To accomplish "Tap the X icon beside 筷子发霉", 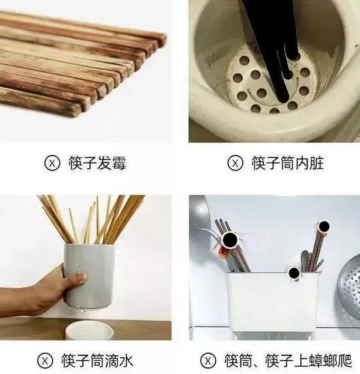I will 52,163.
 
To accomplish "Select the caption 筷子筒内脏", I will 287,163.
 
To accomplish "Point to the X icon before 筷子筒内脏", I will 236,163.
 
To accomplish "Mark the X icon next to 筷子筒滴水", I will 45,361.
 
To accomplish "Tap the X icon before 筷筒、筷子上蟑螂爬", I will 207,361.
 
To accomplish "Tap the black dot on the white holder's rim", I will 294,274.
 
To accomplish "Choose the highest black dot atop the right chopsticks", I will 324,226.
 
